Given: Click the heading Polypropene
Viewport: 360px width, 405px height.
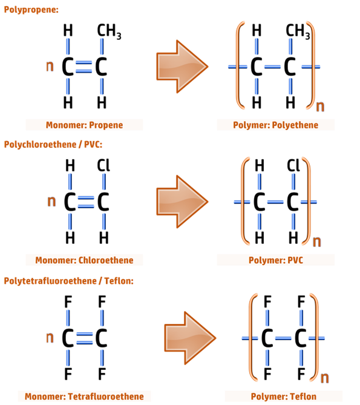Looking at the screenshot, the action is (x=31, y=10).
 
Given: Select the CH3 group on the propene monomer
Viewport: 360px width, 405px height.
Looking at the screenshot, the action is (x=109, y=31).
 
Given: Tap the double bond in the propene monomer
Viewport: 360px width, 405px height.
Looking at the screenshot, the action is (x=84, y=67).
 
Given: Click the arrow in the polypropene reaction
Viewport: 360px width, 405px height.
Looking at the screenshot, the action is (x=182, y=67).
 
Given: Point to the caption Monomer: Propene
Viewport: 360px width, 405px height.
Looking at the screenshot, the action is (x=84, y=125).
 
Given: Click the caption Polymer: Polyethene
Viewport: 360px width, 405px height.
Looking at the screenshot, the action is (x=276, y=125).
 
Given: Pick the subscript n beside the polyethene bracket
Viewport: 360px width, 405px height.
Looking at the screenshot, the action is (x=320, y=106).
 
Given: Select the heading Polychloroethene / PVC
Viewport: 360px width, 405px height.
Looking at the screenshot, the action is (x=53, y=145).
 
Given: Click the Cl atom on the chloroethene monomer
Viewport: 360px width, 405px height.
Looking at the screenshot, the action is (x=103, y=165).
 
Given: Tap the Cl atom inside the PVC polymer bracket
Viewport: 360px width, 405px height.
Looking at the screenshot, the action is (x=293, y=165).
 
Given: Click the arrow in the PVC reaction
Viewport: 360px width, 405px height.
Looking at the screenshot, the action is (x=182, y=202).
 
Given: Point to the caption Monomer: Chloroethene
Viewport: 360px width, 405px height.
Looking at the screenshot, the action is (x=84, y=260).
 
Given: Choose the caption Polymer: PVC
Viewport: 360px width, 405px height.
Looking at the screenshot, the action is (x=276, y=260).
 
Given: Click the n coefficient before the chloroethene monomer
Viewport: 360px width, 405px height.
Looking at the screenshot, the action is (x=51, y=201).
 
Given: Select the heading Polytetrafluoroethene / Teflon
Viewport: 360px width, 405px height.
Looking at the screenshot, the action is (x=68, y=281).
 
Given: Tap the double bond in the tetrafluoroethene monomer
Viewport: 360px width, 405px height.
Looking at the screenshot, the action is (x=84, y=338).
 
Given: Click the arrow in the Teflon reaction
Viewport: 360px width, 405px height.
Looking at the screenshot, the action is (x=190, y=338).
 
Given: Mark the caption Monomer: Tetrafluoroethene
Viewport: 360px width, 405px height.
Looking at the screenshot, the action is (x=84, y=397).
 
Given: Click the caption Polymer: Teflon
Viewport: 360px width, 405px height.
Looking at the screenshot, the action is (x=284, y=397).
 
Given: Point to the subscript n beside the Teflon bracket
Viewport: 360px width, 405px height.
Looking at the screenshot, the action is (x=325, y=378).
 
